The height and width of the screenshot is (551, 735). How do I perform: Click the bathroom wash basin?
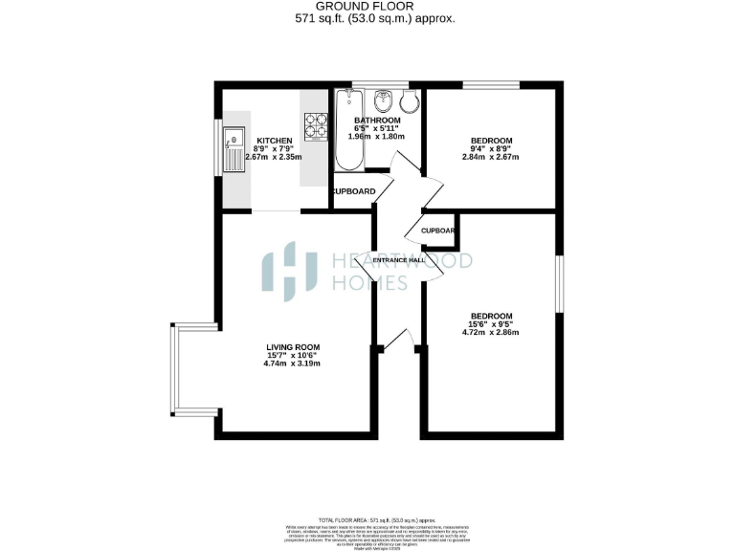pos(383,99)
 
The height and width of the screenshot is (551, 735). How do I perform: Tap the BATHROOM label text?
pos(378,120)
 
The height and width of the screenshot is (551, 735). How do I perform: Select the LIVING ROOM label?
pos(293,347)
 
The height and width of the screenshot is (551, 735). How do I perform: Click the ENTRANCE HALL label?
pos(399,260)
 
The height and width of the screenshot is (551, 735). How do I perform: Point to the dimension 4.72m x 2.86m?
pos(491,333)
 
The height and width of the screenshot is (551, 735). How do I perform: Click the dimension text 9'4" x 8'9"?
pos(490,149)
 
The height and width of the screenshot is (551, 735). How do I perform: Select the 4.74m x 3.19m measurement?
pos(292,364)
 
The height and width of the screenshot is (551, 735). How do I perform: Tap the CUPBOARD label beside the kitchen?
pos(354,191)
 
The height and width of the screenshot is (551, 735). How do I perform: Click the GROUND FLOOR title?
pos(367,7)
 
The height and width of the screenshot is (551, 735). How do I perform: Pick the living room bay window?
pos(173,369)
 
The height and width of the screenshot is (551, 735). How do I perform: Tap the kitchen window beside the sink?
pos(216,148)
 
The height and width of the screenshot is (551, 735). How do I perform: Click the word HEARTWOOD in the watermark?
pos(402,261)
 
